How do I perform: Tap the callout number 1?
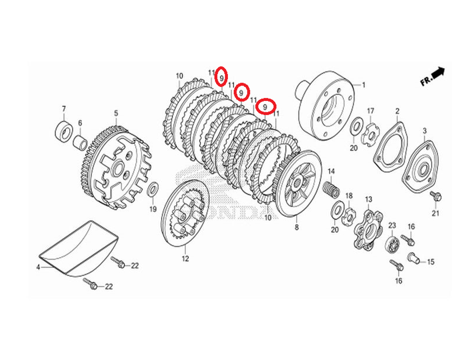coord(364,85)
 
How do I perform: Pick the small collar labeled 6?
coord(79,142)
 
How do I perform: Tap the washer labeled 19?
coord(153,189)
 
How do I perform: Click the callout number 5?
coord(115,113)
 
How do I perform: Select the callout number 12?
coord(185,258)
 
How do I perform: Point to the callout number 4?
coord(38,268)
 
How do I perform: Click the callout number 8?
coord(297,227)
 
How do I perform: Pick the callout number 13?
coord(368,199)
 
